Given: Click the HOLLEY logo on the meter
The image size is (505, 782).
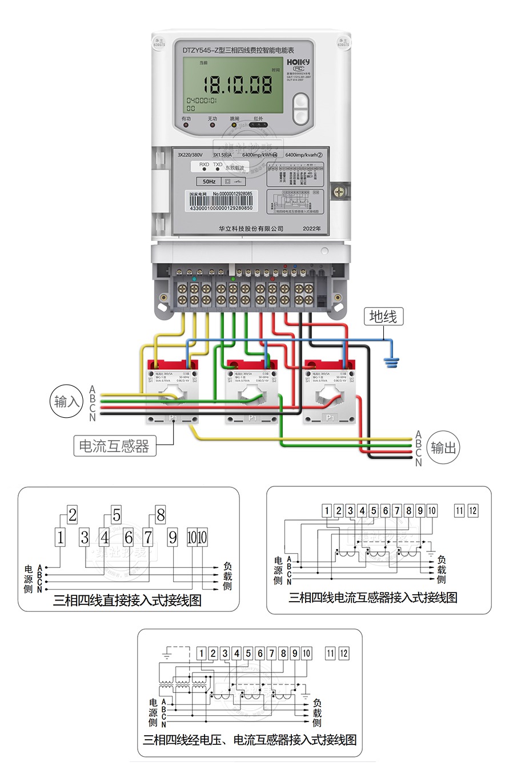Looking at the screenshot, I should pyautogui.click(x=298, y=61).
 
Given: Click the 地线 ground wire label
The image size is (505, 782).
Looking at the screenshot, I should pyautogui.click(x=383, y=316).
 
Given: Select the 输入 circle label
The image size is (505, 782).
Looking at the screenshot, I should pyautogui.click(x=67, y=401).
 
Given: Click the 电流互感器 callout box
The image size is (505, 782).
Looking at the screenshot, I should pyautogui.click(x=115, y=446).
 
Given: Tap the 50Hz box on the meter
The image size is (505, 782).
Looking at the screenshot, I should pyautogui.click(x=209, y=182).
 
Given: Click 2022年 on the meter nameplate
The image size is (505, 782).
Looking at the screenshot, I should pyautogui.click(x=312, y=228).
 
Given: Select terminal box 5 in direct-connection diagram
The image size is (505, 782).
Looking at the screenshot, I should pyautogui.click(x=117, y=515).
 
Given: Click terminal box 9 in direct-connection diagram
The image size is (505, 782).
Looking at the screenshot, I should pyautogui.click(x=173, y=537).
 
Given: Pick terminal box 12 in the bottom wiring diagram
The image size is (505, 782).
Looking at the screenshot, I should pyautogui.click(x=343, y=654).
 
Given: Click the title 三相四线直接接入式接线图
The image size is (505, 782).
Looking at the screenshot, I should pyautogui.click(x=127, y=600).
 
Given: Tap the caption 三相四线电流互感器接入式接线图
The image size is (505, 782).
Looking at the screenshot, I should pyautogui.click(x=373, y=598).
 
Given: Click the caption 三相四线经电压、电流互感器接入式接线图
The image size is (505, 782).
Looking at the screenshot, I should pyautogui.click(x=250, y=740).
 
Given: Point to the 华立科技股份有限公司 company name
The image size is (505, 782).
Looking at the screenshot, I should pyautogui.click(x=251, y=228).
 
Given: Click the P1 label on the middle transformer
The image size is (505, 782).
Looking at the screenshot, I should pyautogui.click(x=252, y=418).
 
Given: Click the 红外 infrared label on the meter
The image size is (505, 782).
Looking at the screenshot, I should pyautogui.click(x=258, y=119).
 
